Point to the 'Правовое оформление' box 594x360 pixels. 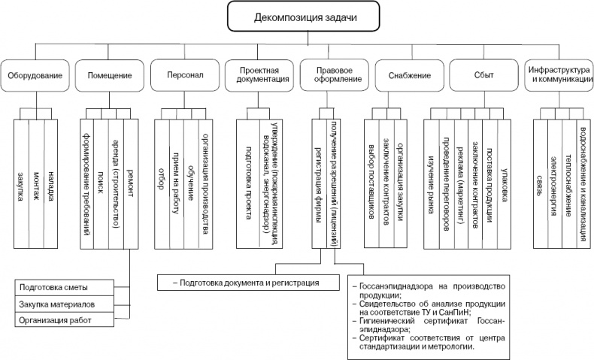click(333, 75)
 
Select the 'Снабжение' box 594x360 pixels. click(410, 75)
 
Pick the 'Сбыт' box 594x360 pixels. click(483, 75)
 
